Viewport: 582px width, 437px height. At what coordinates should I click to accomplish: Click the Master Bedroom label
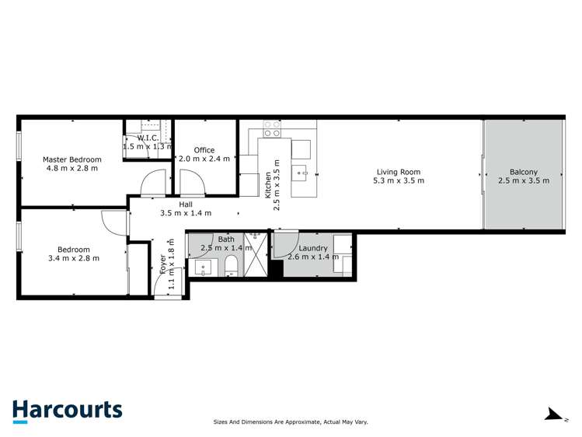(x=72, y=159)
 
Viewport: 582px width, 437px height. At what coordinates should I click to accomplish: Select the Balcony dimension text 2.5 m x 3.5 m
(x=523, y=180)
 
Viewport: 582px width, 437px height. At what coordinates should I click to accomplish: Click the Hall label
(x=186, y=204)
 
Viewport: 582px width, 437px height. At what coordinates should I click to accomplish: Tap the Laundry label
(x=313, y=248)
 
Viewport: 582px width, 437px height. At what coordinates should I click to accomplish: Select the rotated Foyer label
(x=163, y=265)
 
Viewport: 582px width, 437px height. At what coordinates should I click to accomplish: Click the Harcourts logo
(x=67, y=411)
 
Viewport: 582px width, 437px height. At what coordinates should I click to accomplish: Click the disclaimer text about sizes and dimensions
(x=291, y=422)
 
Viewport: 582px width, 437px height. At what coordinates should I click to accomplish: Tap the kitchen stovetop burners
(x=271, y=128)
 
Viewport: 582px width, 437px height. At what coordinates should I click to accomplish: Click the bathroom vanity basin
(x=204, y=269)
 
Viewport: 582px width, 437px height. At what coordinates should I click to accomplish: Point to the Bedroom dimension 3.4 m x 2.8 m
(x=73, y=258)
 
